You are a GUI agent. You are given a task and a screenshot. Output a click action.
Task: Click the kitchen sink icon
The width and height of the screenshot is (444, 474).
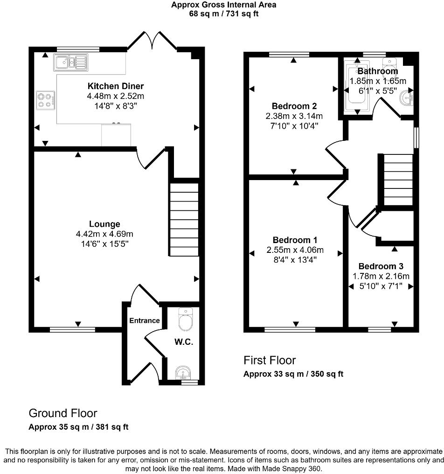coord(70,62)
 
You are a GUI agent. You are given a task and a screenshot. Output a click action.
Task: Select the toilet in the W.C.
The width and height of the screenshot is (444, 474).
coord(185,320)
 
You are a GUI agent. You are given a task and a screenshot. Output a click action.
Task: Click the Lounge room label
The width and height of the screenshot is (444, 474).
coord(105,224)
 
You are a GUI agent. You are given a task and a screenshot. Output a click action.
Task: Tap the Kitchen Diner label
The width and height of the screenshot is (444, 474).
coord(116,86)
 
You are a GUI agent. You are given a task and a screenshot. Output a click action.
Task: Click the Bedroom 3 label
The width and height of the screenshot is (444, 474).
coord(381,266)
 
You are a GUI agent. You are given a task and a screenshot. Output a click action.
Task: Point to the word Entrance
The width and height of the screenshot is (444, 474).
coord(144,321)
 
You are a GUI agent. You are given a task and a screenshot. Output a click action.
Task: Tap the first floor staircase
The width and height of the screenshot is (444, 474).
coord(398,180)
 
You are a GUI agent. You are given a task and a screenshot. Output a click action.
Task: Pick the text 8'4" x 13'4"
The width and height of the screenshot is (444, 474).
coord(295,260)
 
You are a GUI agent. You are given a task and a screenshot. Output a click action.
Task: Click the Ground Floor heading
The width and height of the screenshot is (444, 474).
coord(63,413)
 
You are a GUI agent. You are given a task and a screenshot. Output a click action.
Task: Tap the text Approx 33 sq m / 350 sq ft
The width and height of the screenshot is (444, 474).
coord(293,374)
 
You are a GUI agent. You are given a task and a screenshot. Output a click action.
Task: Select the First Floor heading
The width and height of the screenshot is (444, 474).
coord(270,360)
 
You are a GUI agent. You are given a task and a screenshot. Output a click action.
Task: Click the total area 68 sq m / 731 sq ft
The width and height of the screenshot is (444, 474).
coord(223,14)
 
